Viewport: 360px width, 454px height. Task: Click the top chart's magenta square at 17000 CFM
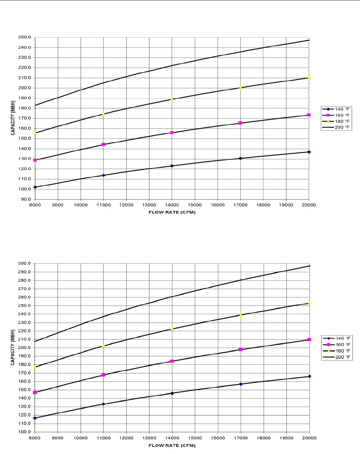pos(240,123)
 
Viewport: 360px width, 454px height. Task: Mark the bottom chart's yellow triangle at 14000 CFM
pos(172,329)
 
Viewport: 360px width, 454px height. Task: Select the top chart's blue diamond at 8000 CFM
pos(35,187)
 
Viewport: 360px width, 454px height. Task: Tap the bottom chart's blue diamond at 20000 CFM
pos(309,376)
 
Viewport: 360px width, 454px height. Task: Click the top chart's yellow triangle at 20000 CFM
pos(309,78)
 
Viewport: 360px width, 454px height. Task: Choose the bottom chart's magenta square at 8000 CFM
pos(35,392)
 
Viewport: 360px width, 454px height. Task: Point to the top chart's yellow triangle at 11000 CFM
pos(104,114)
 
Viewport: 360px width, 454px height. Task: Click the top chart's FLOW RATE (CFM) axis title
pos(172,212)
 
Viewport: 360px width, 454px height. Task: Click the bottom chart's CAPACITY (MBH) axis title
pos(13,348)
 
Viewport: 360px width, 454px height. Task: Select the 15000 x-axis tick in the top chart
pos(195,205)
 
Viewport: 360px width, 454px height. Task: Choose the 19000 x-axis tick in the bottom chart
pos(287,438)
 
